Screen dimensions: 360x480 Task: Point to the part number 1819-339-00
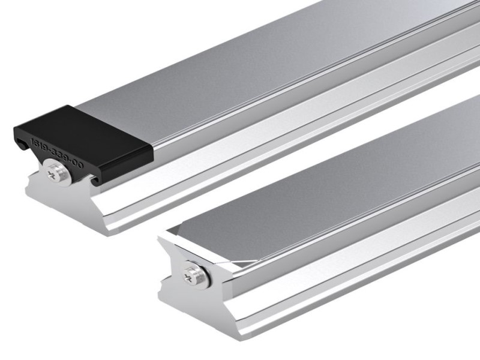[57, 151]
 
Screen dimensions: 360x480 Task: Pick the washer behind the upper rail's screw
[64, 176]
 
